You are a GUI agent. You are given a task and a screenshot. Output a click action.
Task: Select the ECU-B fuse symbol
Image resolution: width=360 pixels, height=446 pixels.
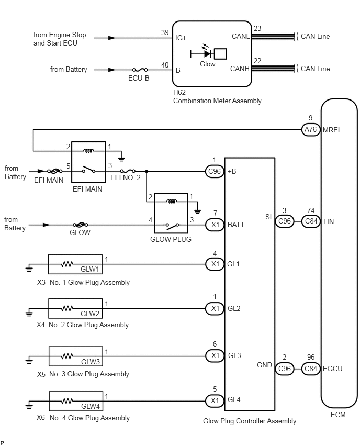click(x=139, y=70)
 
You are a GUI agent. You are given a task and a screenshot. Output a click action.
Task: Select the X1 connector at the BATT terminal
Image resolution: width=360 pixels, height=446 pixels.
click(x=215, y=225)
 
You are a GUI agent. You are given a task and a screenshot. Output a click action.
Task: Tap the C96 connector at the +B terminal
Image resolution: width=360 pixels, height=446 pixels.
click(x=215, y=171)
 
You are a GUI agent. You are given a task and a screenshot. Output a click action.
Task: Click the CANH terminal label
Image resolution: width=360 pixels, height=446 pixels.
click(x=240, y=69)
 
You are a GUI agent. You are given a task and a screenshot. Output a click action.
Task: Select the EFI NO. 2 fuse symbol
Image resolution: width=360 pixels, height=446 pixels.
click(x=128, y=171)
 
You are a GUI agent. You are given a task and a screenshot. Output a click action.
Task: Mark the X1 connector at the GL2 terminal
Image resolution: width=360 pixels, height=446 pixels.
click(x=215, y=309)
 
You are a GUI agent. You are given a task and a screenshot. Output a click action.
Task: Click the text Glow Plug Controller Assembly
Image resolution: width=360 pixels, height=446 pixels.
click(x=249, y=421)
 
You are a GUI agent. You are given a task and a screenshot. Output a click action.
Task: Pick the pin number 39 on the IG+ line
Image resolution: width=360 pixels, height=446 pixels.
click(x=165, y=33)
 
